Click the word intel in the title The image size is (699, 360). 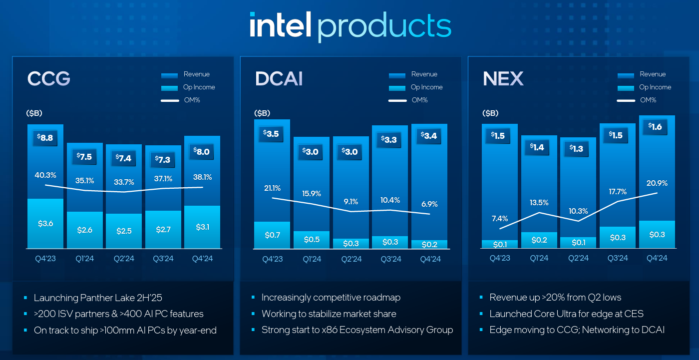(280, 25)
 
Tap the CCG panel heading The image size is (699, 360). (49, 79)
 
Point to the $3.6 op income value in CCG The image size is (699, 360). (45, 223)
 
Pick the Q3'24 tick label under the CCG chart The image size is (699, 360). (163, 259)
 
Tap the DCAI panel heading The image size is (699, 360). (279, 79)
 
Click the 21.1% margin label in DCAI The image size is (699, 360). (272, 188)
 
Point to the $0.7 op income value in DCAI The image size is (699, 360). (272, 235)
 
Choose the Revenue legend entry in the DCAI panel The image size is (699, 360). (424, 74)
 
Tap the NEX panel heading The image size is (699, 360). (503, 79)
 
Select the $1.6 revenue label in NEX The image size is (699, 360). (657, 127)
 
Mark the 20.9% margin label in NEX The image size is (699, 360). (657, 183)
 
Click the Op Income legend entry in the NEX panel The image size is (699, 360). (655, 87)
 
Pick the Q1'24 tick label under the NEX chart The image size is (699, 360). (539, 258)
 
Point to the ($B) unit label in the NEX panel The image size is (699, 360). (490, 113)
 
